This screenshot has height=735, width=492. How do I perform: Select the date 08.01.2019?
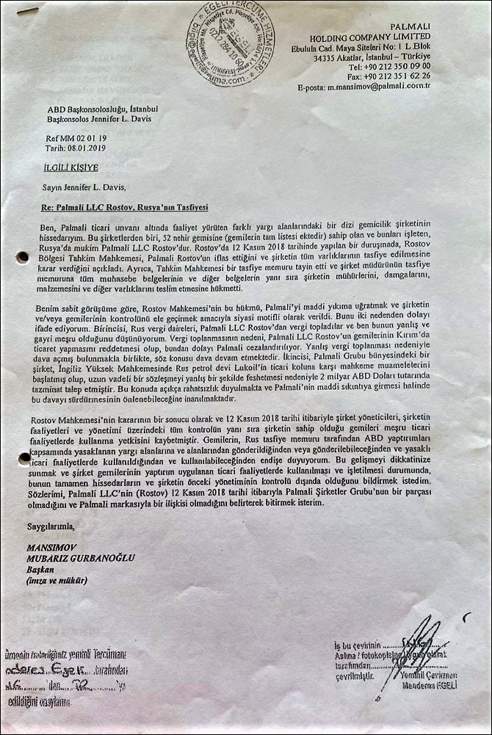(x=87, y=147)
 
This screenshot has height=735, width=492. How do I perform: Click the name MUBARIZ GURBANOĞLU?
(x=81, y=557)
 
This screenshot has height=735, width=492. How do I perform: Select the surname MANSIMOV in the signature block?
(x=53, y=547)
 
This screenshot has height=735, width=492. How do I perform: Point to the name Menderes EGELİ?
(x=430, y=686)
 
